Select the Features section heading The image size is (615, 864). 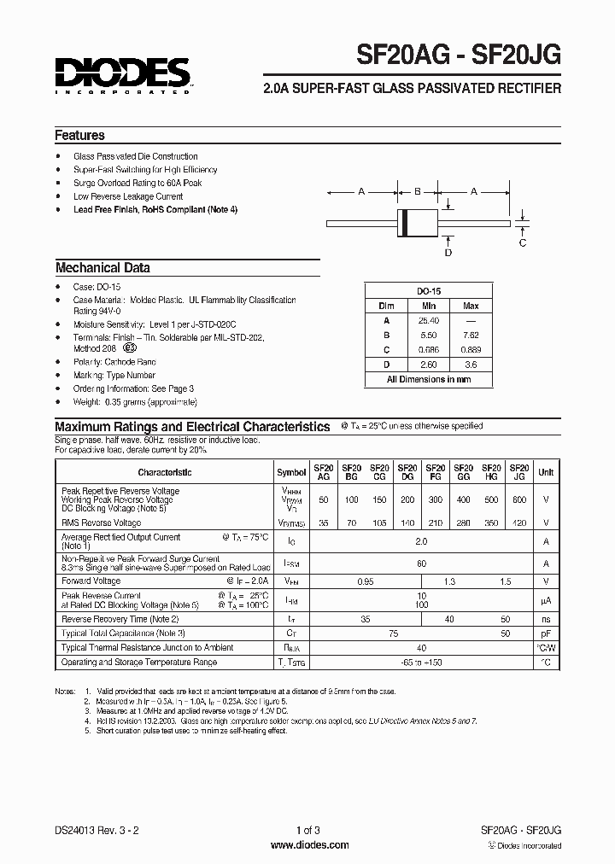[79, 135]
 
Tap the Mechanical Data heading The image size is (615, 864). [102, 268]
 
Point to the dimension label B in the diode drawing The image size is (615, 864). [417, 192]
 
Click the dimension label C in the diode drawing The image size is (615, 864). [523, 242]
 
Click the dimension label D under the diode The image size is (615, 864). [448, 253]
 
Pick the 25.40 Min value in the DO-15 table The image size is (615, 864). [429, 320]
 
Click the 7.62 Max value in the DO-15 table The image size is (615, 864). [471, 336]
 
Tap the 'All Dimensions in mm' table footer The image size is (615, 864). [429, 379]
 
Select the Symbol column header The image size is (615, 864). [291, 472]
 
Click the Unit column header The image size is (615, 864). [546, 472]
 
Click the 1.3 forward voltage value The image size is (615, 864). [449, 581]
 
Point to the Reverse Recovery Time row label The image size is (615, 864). [120, 618]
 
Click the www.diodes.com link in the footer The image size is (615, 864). [308, 845]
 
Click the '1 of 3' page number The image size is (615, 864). [308, 831]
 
